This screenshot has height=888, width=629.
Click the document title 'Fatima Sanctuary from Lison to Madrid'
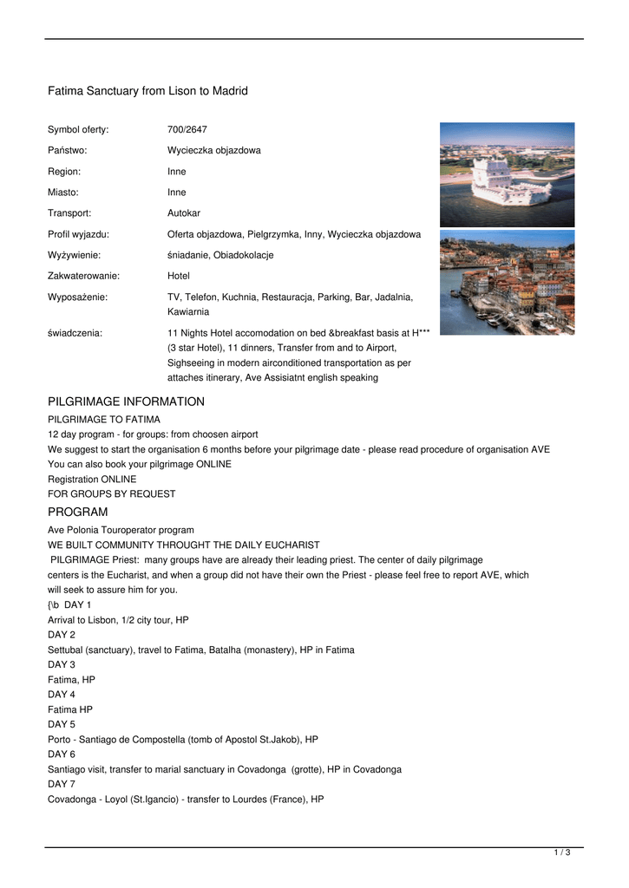pyautogui.click(x=147, y=91)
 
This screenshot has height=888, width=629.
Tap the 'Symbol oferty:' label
pyautogui.click(x=78, y=129)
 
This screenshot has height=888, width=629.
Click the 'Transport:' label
pyautogui.click(x=69, y=212)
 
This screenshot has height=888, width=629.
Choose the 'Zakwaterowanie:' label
pyautogui.click(x=83, y=276)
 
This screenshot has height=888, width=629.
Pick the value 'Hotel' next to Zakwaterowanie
pyautogui.click(x=178, y=276)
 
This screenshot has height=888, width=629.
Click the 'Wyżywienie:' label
pyautogui.click(x=74, y=255)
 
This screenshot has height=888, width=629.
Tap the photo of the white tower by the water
pyautogui.click(x=507, y=174)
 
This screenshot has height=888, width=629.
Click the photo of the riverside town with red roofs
pyautogui.click(x=507, y=282)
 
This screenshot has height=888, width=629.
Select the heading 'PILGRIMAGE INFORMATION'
pyautogui.click(x=126, y=402)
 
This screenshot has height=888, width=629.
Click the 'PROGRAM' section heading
pyautogui.click(x=77, y=512)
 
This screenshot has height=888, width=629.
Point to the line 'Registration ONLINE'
pyautogui.click(x=92, y=479)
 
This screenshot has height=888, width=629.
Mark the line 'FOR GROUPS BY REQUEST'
pyautogui.click(x=111, y=493)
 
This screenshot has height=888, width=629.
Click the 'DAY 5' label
pyautogui.click(x=62, y=724)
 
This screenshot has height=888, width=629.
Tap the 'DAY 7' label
pyautogui.click(x=62, y=784)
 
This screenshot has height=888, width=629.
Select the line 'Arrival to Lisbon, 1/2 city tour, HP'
pyautogui.click(x=118, y=620)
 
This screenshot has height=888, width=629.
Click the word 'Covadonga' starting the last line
pyautogui.click(x=71, y=800)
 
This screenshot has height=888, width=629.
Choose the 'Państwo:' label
pyautogui.click(x=68, y=150)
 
